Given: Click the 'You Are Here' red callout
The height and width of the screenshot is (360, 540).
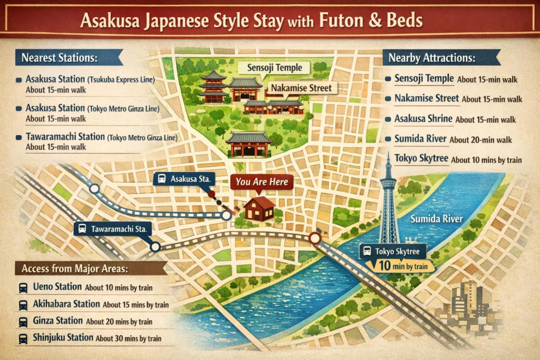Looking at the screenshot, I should pyautogui.click(x=262, y=182).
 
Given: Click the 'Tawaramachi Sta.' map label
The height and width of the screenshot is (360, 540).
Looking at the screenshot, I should pyautogui.click(x=113, y=229).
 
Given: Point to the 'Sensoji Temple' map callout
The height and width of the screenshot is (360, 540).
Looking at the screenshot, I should pyautogui.click(x=275, y=68).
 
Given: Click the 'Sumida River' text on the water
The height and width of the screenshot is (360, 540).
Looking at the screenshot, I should pyautogui.click(x=436, y=219).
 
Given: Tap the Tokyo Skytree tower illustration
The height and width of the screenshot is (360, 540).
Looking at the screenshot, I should pyautogui.click(x=388, y=203).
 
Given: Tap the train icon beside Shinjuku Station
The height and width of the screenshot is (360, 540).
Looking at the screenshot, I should pyautogui.click(x=23, y=338).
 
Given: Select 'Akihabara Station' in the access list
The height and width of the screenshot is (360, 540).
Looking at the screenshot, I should pyautogui.click(x=66, y=304).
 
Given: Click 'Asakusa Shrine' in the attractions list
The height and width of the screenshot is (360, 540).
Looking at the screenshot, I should pyautogui.click(x=423, y=119).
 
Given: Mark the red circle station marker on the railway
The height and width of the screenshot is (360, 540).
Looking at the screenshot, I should pyautogui.click(x=315, y=238).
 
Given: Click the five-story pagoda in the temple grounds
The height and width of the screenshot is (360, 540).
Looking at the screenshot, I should pyautogui.click(x=214, y=87).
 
